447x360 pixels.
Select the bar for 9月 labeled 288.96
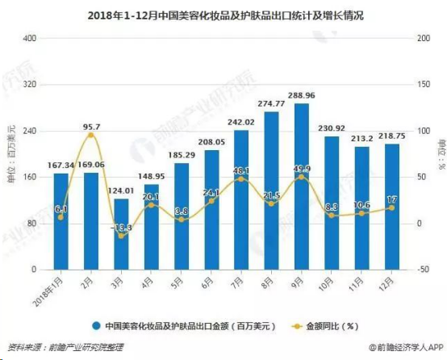pyautogui.click(x=301, y=186)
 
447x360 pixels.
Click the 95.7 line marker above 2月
pyautogui.click(x=91, y=136)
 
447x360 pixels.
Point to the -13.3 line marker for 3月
pyautogui.click(x=121, y=236)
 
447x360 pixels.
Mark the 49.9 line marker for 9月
pyautogui.click(x=301, y=178)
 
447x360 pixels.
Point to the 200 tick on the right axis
pyautogui.click(x=419, y=39)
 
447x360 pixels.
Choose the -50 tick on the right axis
pyautogui.click(x=419, y=270)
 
